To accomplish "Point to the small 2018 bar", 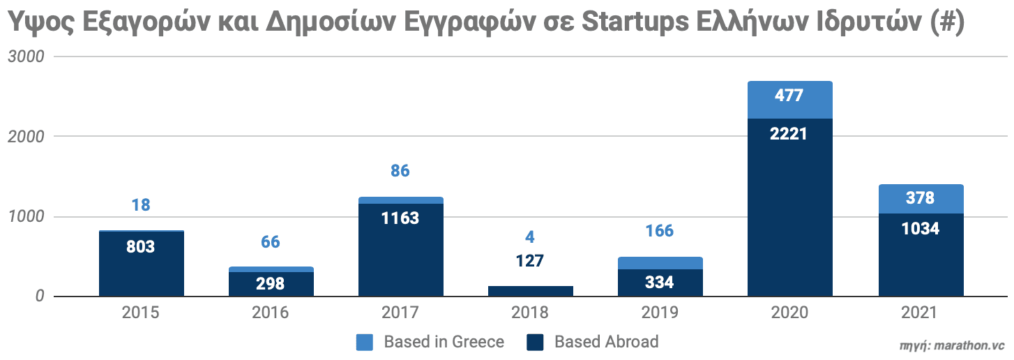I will (530, 291).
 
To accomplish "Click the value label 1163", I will (400, 218).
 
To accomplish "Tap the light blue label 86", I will (400, 170).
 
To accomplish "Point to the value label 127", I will (530, 261).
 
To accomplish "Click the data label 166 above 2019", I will (660, 230).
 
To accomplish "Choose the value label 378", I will (920, 198).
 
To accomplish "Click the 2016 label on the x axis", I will (271, 313).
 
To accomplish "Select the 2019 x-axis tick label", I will (660, 313).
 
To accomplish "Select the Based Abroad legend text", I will (606, 342).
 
